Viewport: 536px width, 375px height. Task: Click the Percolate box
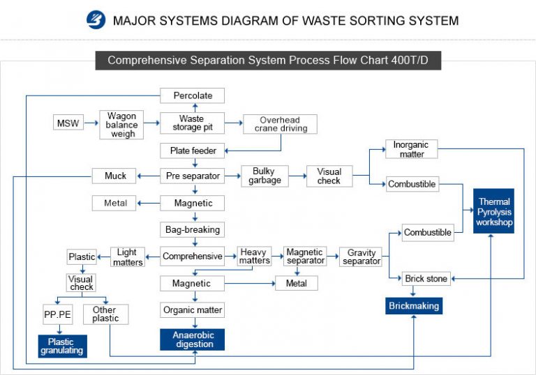click(x=193, y=95)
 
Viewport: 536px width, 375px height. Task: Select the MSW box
click(x=67, y=124)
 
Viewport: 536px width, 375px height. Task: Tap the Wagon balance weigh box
click(x=123, y=124)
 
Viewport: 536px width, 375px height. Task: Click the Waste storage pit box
click(x=192, y=123)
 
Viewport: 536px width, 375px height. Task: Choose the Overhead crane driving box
click(x=280, y=124)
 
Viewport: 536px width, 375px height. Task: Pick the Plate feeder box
click(x=193, y=151)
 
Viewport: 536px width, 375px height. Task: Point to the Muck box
click(x=115, y=176)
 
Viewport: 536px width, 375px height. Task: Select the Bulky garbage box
click(x=265, y=176)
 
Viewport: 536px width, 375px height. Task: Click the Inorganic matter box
click(x=412, y=149)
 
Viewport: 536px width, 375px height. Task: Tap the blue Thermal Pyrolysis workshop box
click(x=494, y=211)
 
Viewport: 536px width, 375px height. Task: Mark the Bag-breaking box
click(x=193, y=229)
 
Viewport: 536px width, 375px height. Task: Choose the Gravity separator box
click(x=362, y=257)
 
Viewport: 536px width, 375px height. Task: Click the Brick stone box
click(x=426, y=279)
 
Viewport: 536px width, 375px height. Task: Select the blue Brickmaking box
click(x=414, y=305)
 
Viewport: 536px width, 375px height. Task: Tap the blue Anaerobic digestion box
click(x=193, y=339)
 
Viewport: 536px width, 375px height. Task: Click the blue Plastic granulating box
click(x=61, y=346)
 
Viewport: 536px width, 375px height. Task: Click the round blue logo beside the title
click(x=95, y=20)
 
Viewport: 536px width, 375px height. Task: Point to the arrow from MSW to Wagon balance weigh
click(x=89, y=124)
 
